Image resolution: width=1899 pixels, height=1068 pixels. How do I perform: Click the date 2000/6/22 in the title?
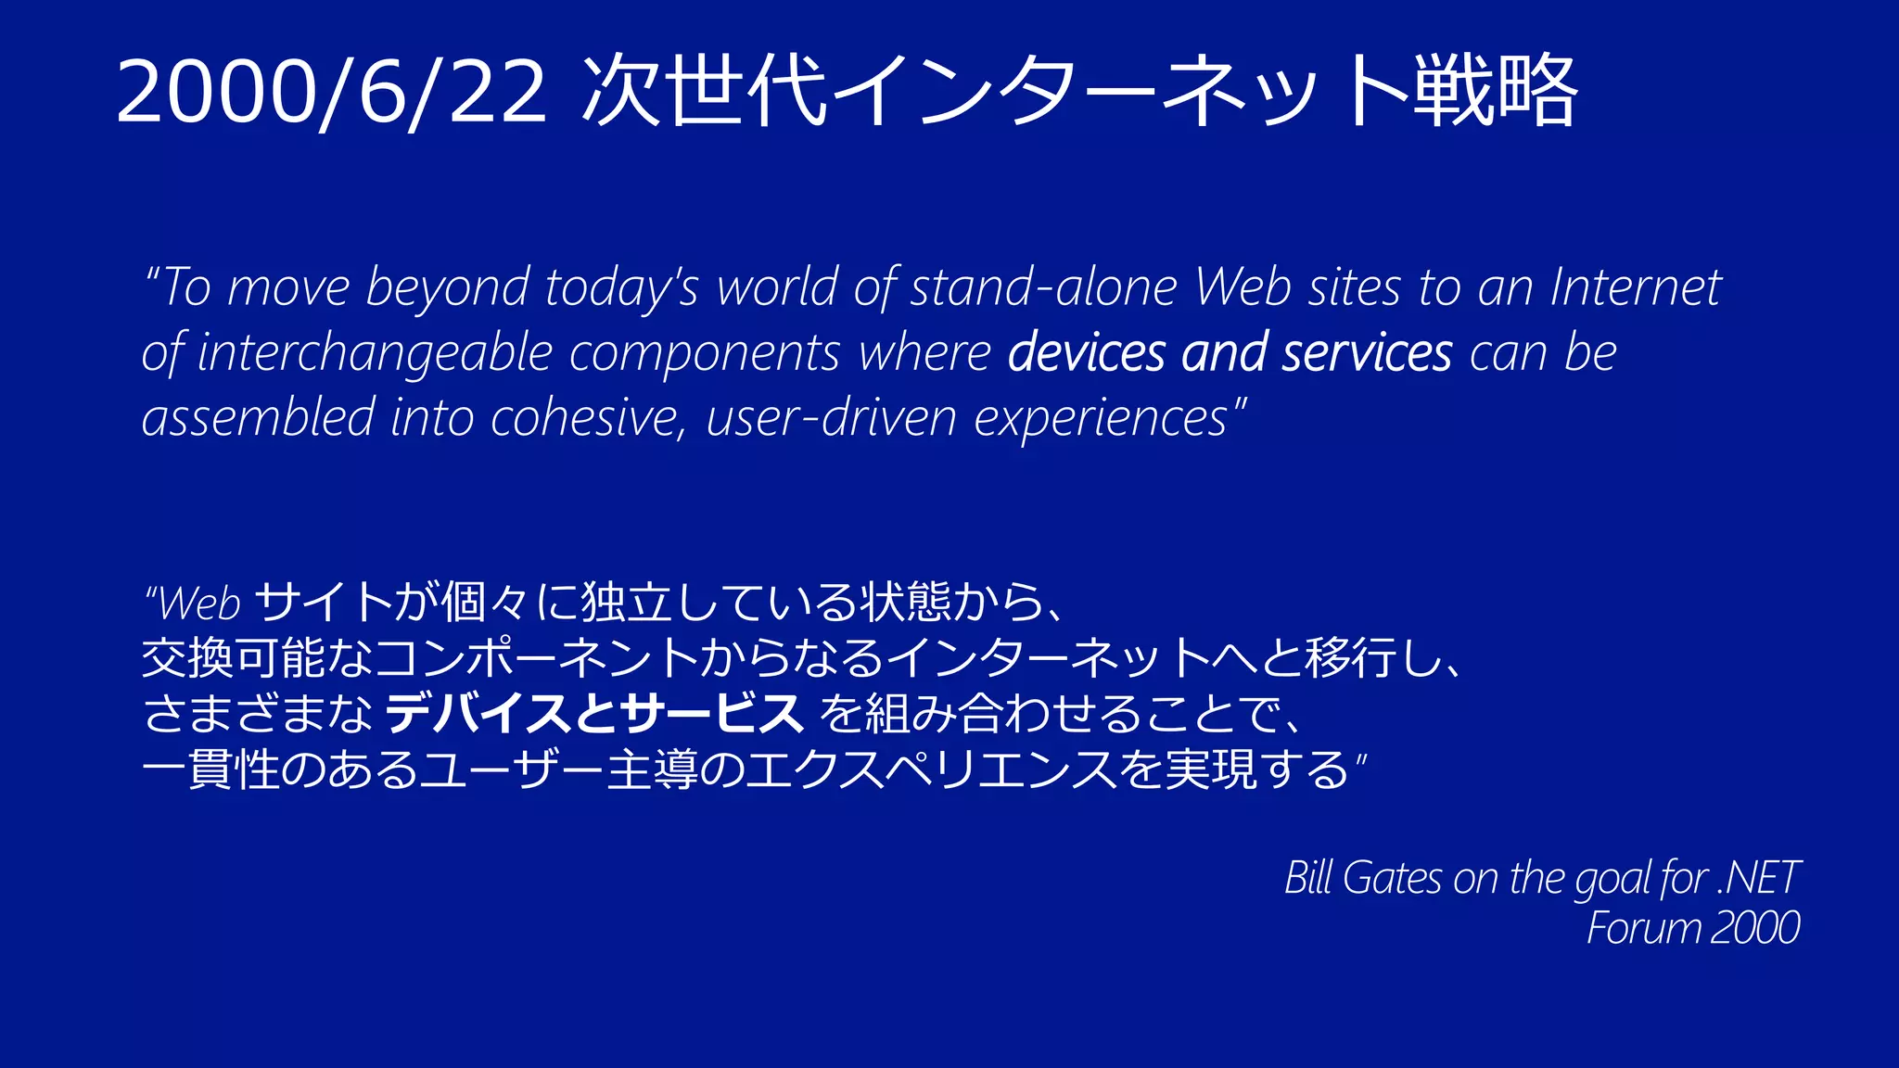click(331, 91)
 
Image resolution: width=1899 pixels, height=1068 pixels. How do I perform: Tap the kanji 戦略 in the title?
click(1494, 91)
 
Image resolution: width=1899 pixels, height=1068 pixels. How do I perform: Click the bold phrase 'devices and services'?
click(1230, 353)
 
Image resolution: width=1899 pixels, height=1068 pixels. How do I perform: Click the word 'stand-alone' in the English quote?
click(1043, 287)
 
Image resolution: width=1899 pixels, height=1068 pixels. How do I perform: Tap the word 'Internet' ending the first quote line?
click(1636, 287)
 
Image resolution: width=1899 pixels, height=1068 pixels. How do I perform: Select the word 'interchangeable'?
click(375, 353)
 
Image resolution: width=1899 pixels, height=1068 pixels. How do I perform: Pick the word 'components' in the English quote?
click(705, 353)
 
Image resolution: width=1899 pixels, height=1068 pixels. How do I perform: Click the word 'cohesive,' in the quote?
click(588, 418)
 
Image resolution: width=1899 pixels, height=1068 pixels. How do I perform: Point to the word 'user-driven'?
click(831, 418)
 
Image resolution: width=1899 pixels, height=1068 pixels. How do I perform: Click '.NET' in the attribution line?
click(1758, 877)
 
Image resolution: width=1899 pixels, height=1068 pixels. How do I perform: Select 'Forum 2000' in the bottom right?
click(1693, 928)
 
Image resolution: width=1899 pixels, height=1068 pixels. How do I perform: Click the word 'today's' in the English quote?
click(621, 287)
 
